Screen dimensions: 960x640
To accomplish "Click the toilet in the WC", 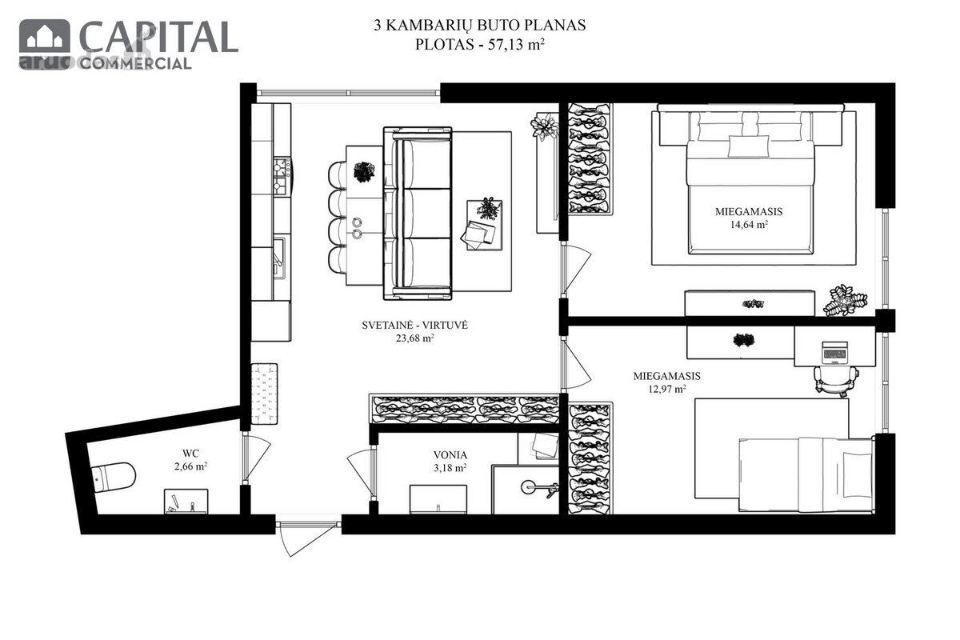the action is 114,478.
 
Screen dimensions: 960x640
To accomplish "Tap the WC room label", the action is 190,453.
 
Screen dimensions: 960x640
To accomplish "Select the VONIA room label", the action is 450,455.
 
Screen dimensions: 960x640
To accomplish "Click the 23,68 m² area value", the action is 415,338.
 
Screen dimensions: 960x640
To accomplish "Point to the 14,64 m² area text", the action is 749,224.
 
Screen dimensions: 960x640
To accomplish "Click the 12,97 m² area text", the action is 667,389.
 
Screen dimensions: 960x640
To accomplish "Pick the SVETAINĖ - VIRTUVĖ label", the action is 415,326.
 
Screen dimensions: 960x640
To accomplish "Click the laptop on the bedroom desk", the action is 835,353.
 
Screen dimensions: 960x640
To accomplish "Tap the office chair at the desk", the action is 836,380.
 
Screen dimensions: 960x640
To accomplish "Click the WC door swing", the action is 256,458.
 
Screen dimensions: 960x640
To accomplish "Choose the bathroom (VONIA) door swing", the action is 362,472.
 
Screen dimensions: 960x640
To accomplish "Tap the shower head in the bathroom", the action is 529,486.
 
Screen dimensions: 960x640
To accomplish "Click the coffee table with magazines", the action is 484,225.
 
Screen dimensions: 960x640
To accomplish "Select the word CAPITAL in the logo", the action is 158,38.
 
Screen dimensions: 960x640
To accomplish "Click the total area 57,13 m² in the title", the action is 517,44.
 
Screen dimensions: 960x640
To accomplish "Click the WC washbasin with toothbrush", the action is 186,501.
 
